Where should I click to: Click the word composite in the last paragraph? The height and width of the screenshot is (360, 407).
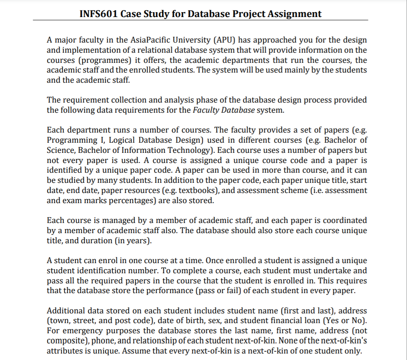65,341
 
